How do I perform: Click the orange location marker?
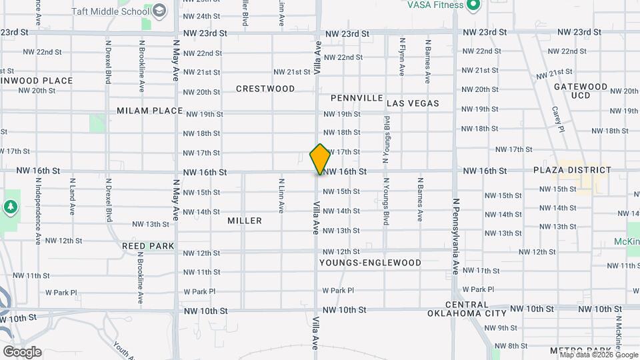pyautogui.click(x=321, y=159)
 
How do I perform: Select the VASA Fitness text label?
pyautogui.click(x=435, y=5)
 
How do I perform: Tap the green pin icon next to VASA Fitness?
pyautogui.click(x=474, y=5)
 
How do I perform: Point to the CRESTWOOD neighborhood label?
pyautogui.click(x=265, y=89)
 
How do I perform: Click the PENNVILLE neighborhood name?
pyautogui.click(x=357, y=98)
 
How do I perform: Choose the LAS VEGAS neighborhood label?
pyautogui.click(x=413, y=103)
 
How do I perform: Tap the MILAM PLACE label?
pyautogui.click(x=149, y=111)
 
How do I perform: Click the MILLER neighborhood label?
pyautogui.click(x=245, y=221)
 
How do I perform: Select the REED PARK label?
pyautogui.click(x=148, y=246)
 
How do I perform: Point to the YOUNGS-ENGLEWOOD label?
pyautogui.click(x=370, y=263)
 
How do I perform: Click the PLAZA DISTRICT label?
pyautogui.click(x=572, y=170)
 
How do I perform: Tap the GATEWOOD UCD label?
pyautogui.click(x=580, y=91)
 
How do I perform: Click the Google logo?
pyautogui.click(x=22, y=351)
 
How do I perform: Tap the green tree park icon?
pyautogui.click(x=10, y=207)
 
